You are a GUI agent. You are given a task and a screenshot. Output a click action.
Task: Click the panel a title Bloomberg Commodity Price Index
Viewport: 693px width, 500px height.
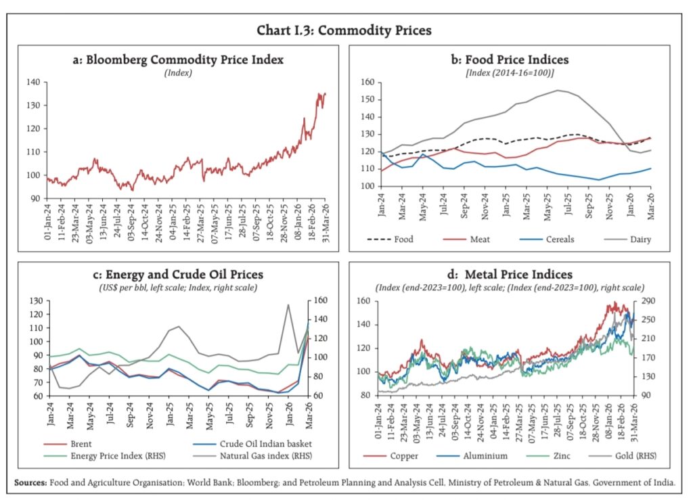tap(178, 60)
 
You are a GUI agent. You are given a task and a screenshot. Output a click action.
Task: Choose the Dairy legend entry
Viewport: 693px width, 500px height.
tap(639, 239)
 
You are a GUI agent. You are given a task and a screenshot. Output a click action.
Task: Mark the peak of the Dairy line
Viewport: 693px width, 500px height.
tap(558, 90)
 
